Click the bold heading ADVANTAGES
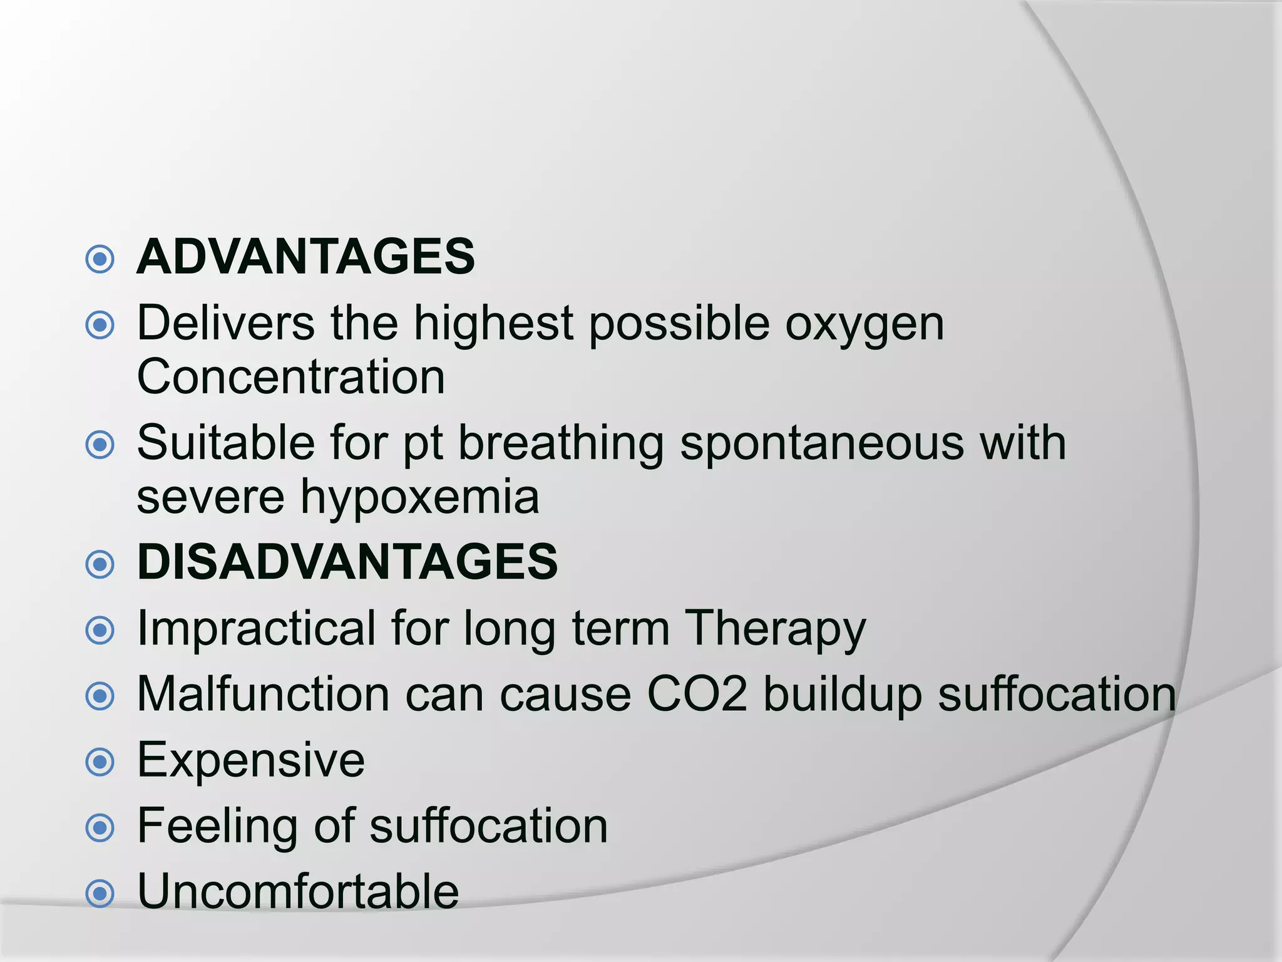(305, 257)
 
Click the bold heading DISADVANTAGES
(347, 562)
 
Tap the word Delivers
(225, 323)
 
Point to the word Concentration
(291, 377)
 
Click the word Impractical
(256, 628)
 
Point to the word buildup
(843, 695)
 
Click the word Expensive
(250, 761)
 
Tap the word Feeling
(217, 827)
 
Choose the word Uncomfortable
(298, 891)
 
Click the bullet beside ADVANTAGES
(100, 259)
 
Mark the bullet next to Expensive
(100, 762)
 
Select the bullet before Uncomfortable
(100, 894)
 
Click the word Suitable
(225, 443)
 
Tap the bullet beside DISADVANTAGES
(100, 564)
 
